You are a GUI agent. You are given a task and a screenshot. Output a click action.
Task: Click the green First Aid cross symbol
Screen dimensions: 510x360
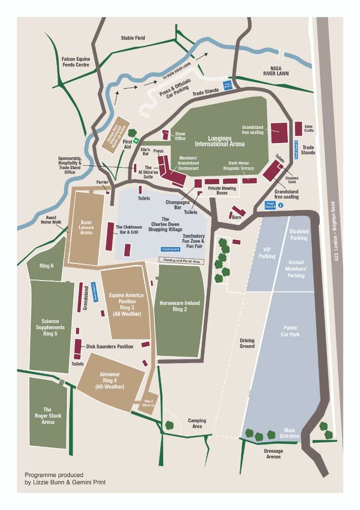(136, 140)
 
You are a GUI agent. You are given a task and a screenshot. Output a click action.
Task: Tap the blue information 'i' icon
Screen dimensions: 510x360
(281, 205)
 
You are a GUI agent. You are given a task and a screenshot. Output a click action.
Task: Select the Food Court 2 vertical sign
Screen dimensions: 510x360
(296, 150)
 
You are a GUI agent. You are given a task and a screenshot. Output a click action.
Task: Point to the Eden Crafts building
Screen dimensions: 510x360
(298, 128)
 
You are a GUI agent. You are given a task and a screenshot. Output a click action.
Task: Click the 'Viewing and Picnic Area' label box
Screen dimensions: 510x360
(181, 260)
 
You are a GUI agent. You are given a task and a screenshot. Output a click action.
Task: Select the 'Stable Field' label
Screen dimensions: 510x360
(133, 38)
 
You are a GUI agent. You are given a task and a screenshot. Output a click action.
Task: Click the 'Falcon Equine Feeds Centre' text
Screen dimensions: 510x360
(75, 62)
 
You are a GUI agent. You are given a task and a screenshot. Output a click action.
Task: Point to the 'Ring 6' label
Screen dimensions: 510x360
(46, 266)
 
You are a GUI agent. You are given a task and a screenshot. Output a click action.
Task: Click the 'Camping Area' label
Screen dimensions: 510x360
(197, 423)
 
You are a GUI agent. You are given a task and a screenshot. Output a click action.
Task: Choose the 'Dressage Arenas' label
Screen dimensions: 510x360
(273, 454)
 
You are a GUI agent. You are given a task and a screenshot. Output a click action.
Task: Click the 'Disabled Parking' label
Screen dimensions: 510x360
(298, 235)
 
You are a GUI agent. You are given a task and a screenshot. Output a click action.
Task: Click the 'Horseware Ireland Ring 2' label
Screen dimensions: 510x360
(179, 306)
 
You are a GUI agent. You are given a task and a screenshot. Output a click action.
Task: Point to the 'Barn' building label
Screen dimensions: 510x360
(236, 218)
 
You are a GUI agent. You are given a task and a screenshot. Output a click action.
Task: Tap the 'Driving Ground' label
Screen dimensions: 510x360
(247, 343)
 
